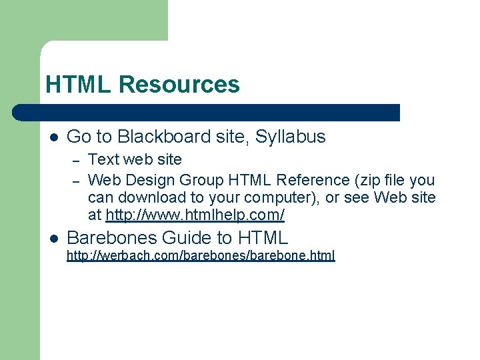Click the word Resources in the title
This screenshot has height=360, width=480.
point(179,85)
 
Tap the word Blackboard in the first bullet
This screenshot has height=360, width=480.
point(158,137)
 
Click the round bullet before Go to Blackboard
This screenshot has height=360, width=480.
point(53,137)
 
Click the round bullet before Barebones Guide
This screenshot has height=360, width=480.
point(53,238)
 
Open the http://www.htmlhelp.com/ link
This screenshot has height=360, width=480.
point(195,215)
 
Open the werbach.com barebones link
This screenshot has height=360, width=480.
point(201,255)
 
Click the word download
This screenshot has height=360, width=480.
point(148,198)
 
